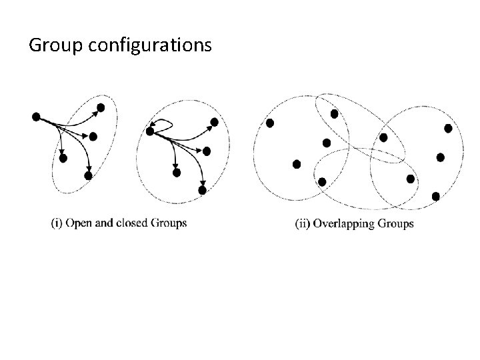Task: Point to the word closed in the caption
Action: pyautogui.click(x=138, y=223)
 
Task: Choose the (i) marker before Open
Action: pyautogui.click(x=57, y=223)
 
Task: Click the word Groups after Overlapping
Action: pyautogui.click(x=396, y=223)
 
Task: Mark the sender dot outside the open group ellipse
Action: pyautogui.click(x=35, y=117)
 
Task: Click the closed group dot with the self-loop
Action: pyautogui.click(x=150, y=132)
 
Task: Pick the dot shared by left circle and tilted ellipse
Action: pyautogui.click(x=334, y=114)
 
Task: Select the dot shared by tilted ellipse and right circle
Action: pyautogui.click(x=383, y=137)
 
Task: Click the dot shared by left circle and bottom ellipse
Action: pyautogui.click(x=322, y=181)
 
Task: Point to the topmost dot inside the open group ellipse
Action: pyautogui.click(x=101, y=107)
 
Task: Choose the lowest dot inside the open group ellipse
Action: pyautogui.click(x=88, y=175)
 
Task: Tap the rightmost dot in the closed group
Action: pyautogui.click(x=214, y=122)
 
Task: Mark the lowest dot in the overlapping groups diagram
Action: pyautogui.click(x=435, y=196)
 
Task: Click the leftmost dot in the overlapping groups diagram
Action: pyautogui.click(x=270, y=123)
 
